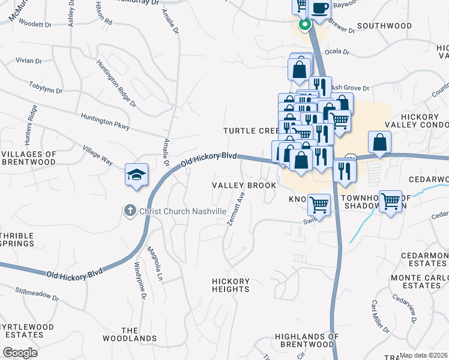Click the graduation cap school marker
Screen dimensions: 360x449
point(136,175)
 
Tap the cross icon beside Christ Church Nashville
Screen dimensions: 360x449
point(128,211)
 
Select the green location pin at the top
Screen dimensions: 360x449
point(304,25)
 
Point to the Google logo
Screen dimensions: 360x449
point(20,352)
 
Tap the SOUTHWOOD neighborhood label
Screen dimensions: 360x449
point(384,26)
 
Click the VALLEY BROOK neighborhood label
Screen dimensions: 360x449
point(244,185)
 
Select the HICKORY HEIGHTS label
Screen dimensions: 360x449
point(231,285)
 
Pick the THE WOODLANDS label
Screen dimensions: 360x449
point(139,334)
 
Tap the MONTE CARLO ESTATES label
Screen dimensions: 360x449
point(420,282)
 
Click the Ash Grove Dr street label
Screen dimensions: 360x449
point(349,88)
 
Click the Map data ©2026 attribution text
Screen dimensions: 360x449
point(424,355)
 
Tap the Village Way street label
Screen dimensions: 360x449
point(98,154)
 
